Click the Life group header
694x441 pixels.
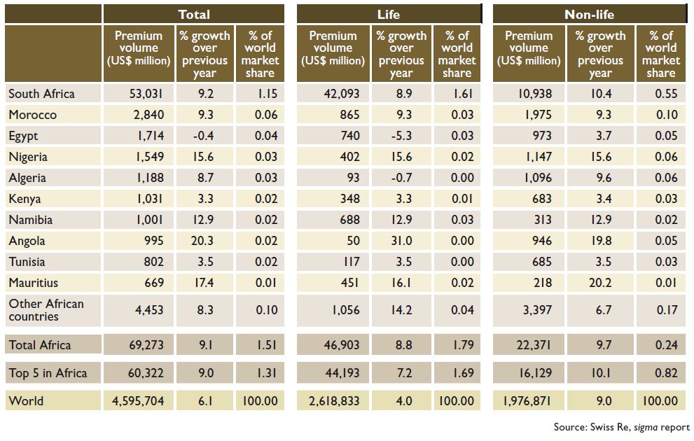388,15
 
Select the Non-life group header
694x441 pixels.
589,15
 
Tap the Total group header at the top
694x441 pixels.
194,15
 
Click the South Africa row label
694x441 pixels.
41,94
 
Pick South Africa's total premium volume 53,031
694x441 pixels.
146,94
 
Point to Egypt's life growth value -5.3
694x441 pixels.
401,136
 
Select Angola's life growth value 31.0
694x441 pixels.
401,241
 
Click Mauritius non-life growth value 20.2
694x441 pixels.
600,283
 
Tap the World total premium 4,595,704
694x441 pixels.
138,401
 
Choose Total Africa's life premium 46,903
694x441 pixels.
342,345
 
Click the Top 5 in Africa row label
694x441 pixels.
48,373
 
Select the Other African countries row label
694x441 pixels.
46,310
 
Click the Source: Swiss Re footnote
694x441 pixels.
621,427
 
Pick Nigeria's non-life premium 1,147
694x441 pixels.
539,157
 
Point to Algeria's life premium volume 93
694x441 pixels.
353,178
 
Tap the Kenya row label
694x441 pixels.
25,199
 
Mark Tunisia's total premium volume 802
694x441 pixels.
153,262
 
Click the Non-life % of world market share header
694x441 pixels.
661,54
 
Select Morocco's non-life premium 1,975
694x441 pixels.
539,115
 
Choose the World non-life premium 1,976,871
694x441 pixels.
527,401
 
